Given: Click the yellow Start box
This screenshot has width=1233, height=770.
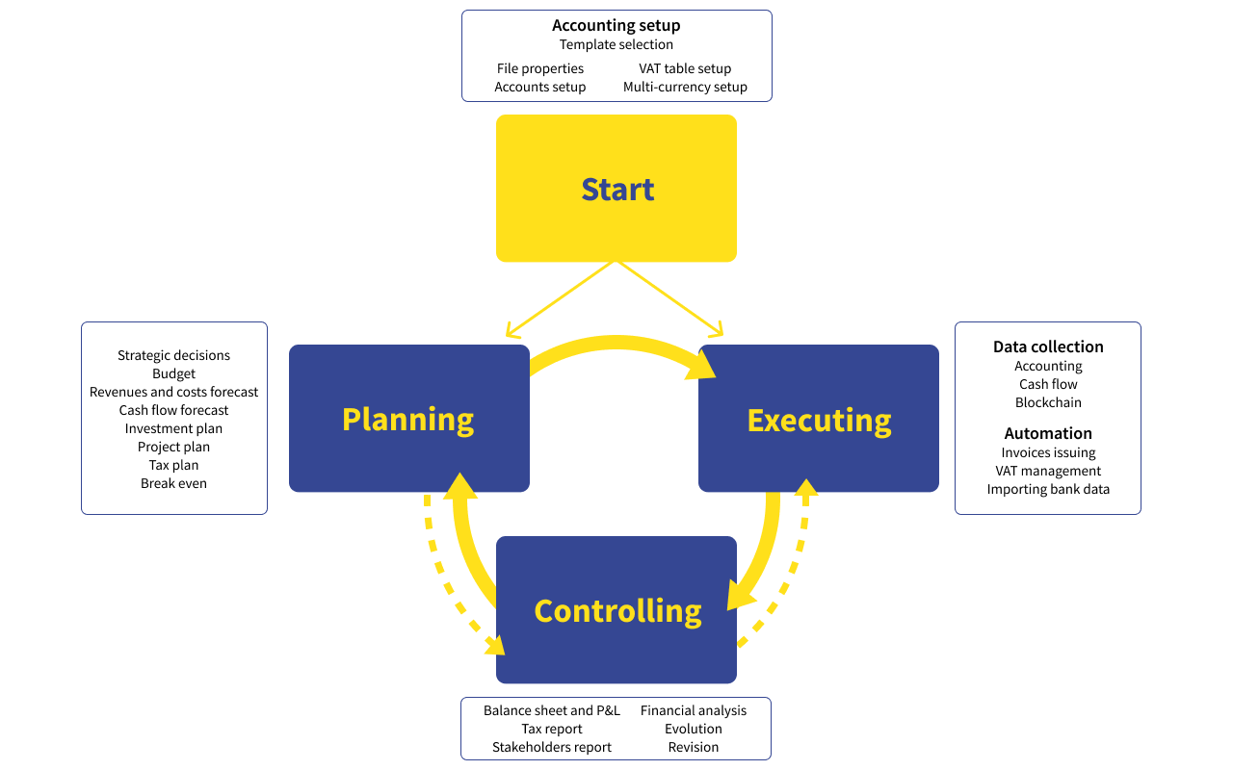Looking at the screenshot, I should pyautogui.click(x=616, y=189).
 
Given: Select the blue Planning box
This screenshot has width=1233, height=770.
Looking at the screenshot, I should pyautogui.click(x=408, y=419).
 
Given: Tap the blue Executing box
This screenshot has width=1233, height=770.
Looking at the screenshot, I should pyautogui.click(x=818, y=419).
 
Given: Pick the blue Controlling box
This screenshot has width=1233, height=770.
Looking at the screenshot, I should pyautogui.click(x=616, y=610).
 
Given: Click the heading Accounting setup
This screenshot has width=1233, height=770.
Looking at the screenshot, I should pyautogui.click(x=616, y=26).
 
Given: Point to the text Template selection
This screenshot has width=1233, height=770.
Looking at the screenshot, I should pyautogui.click(x=616, y=44).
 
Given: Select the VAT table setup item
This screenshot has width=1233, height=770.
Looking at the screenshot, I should pyautogui.click(x=685, y=68).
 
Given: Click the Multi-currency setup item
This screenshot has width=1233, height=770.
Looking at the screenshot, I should pyautogui.click(x=685, y=87).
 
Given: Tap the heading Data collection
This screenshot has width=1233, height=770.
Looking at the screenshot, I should pyautogui.click(x=1048, y=346).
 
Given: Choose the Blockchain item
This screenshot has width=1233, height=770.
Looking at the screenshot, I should pyautogui.click(x=1048, y=402).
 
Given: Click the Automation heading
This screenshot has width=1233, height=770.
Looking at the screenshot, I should pyautogui.click(x=1048, y=433).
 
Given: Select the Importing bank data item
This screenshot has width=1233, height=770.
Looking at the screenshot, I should pyautogui.click(x=1048, y=489).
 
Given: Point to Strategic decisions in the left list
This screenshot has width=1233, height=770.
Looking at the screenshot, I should pyautogui.click(x=173, y=355).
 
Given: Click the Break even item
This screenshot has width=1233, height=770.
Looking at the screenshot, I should pyautogui.click(x=173, y=483).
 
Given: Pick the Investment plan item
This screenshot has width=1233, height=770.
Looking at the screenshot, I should pyautogui.click(x=173, y=428).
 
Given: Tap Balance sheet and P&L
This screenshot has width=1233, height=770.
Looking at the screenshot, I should pyautogui.click(x=552, y=710).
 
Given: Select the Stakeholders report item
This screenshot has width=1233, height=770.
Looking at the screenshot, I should pyautogui.click(x=552, y=747).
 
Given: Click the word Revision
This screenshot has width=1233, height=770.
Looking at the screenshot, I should pyautogui.click(x=694, y=747).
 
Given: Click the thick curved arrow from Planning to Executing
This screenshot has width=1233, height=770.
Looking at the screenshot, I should pyautogui.click(x=616, y=343).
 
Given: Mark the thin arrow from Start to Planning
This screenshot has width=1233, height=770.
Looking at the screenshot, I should pyautogui.click(x=559, y=299).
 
